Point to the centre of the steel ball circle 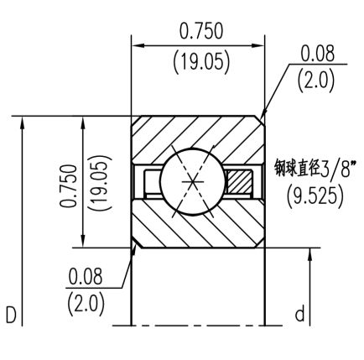tap(194, 181)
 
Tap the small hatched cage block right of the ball tap(239, 181)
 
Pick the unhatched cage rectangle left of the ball tap(150, 181)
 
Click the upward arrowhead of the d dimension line tap(311, 255)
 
